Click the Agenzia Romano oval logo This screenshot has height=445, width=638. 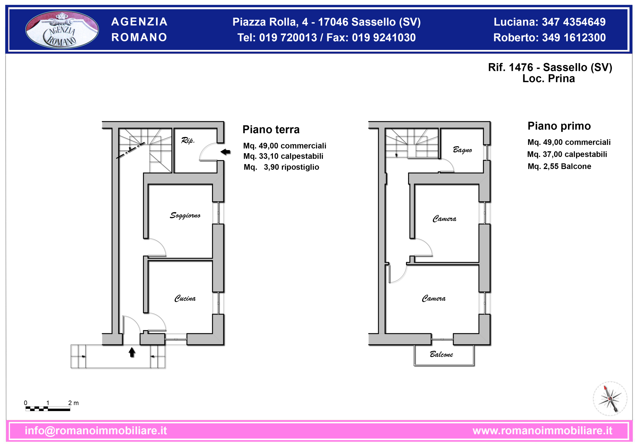pos(62,29)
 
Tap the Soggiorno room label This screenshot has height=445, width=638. pos(185,216)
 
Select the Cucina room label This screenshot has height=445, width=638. pos(185,298)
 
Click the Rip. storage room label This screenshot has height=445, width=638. pos(188,140)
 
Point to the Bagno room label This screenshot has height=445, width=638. pos(462,150)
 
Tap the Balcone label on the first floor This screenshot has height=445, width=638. pos(441,354)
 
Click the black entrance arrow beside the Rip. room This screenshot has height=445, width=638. pos(225,152)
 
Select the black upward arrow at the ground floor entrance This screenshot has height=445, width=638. pos(132,352)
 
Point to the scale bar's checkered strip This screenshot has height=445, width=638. pos(48,409)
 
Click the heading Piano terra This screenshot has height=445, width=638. pos(271,130)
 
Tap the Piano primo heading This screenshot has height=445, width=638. pos(559,126)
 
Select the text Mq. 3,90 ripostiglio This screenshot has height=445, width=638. pos(281,167)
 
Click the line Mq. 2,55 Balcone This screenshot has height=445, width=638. pos(559,166)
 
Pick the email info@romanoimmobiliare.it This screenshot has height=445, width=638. pos(96,431)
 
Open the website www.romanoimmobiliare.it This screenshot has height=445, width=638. pos(542,431)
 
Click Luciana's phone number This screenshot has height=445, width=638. pos(574,22)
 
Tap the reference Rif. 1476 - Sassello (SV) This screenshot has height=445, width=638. pos(550,67)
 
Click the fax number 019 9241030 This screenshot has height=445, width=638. pos(384,38)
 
